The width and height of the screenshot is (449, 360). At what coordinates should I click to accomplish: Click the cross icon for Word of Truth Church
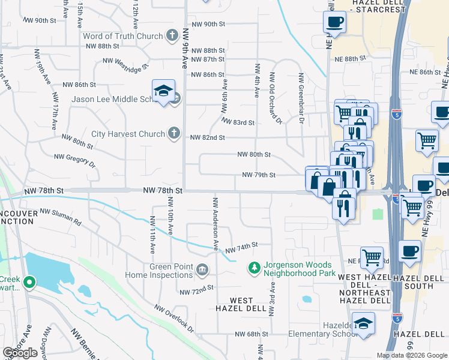click(x=172, y=36)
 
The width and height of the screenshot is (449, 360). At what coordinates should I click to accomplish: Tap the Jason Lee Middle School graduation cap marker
click(x=163, y=92)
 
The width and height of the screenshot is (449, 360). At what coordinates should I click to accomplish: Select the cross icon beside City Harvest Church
click(x=174, y=133)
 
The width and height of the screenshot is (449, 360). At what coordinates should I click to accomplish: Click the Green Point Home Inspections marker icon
click(x=202, y=271)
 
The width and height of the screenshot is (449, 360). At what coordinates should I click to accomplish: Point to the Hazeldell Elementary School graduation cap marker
click(x=363, y=324)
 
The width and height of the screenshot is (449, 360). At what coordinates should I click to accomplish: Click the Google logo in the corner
click(x=20, y=353)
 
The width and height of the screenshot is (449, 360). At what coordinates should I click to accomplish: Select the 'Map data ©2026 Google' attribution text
click(x=411, y=355)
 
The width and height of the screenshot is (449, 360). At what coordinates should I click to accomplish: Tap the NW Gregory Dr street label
click(x=74, y=160)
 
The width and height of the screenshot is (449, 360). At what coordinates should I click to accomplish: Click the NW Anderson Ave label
click(x=214, y=223)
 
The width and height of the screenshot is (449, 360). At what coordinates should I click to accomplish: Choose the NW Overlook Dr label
click(x=173, y=318)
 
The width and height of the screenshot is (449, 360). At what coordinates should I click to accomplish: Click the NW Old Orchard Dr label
click(x=275, y=98)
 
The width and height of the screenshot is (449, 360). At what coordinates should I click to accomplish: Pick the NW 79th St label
click(x=259, y=175)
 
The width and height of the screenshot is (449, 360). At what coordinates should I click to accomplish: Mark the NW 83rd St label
click(x=238, y=122)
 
